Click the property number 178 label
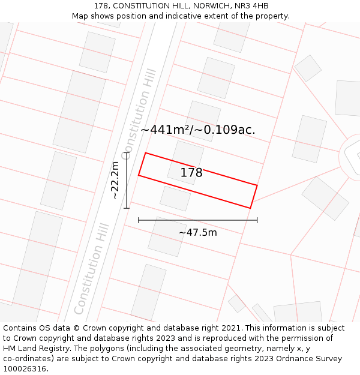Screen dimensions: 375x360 click(191, 173)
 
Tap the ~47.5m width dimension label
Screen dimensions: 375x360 click(197, 232)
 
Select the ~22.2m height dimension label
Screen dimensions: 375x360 click(115, 180)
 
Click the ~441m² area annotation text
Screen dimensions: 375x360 click(197, 130)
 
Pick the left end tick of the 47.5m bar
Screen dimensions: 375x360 click(139, 220)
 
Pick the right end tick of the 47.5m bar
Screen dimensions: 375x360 click(257, 220)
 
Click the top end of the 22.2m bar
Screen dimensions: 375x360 click(127, 153)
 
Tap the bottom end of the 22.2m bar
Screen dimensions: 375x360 click(127, 208)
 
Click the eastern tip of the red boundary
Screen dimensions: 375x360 click(257, 185)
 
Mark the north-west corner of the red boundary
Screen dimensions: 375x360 click(146, 152)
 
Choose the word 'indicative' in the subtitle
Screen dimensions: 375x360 click(191, 16)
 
